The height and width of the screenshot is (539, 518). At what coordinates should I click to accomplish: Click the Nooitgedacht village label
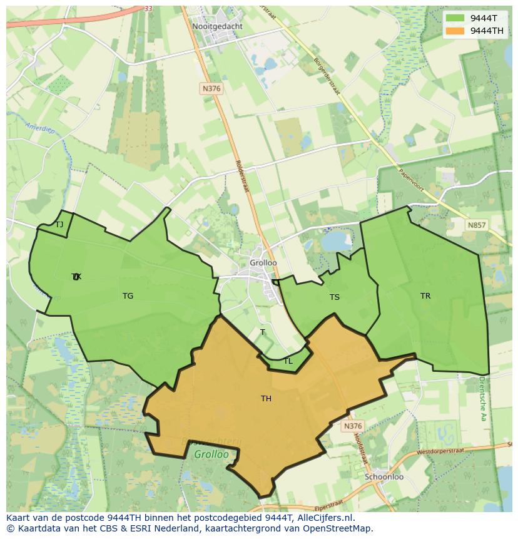click(x=217, y=27)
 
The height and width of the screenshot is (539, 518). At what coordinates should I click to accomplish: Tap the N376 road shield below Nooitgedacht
click(x=211, y=89)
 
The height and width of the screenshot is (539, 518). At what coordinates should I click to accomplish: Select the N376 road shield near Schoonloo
click(x=352, y=426)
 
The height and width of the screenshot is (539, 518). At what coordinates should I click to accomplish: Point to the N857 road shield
click(x=476, y=225)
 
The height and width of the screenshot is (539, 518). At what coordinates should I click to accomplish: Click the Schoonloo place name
click(x=384, y=476)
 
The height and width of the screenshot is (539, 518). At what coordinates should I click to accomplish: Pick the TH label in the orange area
click(x=266, y=398)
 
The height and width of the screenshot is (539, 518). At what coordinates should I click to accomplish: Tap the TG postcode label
click(x=128, y=296)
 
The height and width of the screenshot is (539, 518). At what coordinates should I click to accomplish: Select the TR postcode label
click(x=425, y=296)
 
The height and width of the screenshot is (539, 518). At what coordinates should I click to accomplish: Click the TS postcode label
click(x=335, y=297)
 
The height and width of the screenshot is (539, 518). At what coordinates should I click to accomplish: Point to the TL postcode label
click(x=288, y=361)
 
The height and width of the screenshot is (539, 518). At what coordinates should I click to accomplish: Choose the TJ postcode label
click(x=59, y=225)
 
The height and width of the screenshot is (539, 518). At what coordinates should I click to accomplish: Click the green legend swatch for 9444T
click(x=455, y=18)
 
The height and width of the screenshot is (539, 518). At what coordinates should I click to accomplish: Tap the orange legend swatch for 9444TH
click(x=455, y=31)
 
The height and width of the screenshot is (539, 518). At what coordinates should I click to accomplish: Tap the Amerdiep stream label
click(x=39, y=126)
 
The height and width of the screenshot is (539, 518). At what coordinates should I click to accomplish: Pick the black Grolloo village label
click(x=263, y=263)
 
